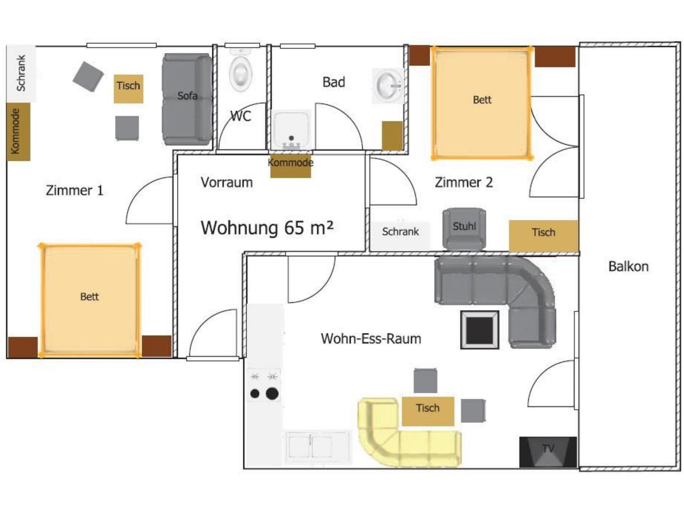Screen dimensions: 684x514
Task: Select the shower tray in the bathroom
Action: click(x=292, y=130)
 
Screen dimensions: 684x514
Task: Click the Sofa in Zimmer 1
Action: click(x=187, y=99)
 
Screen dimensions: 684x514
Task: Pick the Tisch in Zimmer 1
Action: click(x=128, y=89)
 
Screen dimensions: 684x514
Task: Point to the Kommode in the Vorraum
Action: click(x=291, y=166)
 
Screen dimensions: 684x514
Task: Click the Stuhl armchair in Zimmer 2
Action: click(x=464, y=229)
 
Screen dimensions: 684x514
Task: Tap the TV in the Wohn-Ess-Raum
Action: click(x=548, y=452)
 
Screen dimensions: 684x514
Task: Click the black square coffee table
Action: click(x=480, y=330)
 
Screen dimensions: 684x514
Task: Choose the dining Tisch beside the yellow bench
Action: click(x=428, y=411)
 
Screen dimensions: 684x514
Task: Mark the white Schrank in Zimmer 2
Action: click(x=400, y=235)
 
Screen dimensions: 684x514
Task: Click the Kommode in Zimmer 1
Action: click(x=18, y=132)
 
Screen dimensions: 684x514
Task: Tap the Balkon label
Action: click(x=628, y=266)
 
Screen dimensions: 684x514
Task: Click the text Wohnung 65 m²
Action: click(x=267, y=228)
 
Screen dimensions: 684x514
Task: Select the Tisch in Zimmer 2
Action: click(x=543, y=236)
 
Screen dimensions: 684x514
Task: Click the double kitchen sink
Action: click(x=317, y=447)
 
